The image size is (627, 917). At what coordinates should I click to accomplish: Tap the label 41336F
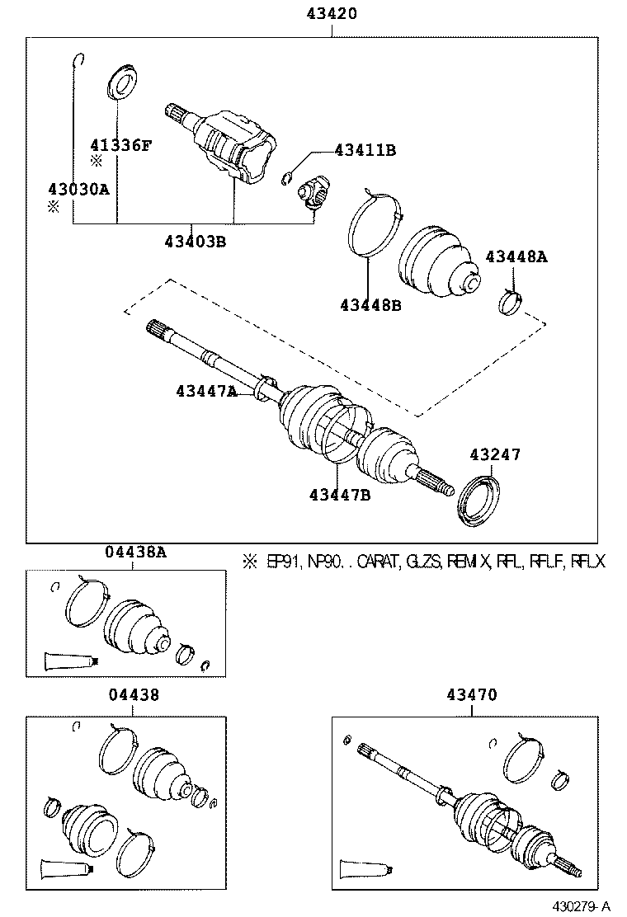(121, 146)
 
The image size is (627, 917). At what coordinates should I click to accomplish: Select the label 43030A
(78, 189)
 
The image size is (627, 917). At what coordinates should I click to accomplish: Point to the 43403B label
(195, 242)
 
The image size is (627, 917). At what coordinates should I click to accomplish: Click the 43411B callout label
(365, 150)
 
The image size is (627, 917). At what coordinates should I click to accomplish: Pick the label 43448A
(516, 256)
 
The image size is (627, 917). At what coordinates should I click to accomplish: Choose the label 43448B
(370, 304)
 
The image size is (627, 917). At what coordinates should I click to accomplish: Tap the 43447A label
(205, 391)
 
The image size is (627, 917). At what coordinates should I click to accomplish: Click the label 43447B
(340, 494)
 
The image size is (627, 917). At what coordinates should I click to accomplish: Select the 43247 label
(495, 454)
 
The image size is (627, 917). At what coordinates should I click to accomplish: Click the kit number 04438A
(135, 553)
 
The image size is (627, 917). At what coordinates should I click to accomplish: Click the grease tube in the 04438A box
(72, 659)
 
